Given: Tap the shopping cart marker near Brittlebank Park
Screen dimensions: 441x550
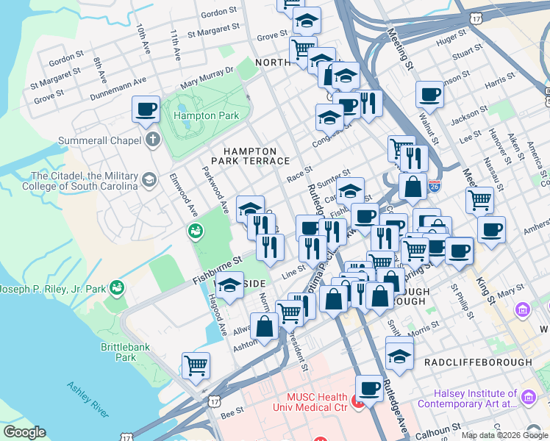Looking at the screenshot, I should pos(196,365).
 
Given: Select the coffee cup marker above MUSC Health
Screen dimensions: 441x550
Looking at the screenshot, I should pos(369,387).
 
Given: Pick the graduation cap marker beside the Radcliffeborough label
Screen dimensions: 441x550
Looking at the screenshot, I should pos(399,356).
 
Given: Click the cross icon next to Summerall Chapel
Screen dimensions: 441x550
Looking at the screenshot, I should pos(152,140).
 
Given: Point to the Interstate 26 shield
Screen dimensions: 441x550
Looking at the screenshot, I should pos(435,185).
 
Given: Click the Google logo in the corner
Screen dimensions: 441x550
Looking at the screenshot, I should pos(24,431).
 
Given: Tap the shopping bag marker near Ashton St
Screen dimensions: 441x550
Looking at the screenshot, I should pos(265,327).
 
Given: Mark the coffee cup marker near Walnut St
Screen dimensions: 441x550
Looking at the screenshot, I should pos(429,94).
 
